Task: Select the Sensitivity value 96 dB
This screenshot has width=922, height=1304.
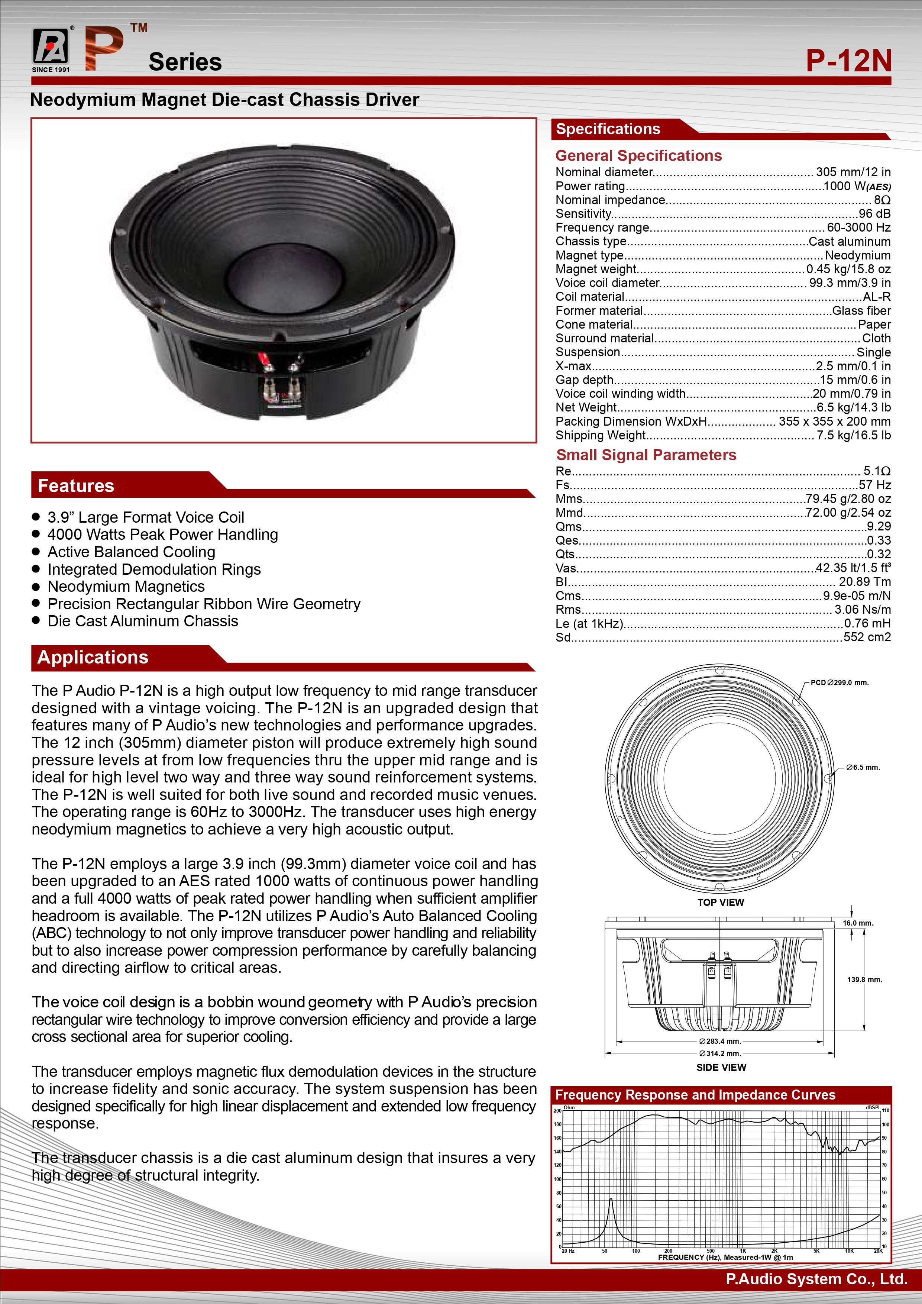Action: (874, 213)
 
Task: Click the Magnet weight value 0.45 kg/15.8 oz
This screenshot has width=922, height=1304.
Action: (848, 269)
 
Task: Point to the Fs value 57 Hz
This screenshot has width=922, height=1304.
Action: (874, 485)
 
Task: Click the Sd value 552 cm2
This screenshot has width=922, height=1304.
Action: (867, 637)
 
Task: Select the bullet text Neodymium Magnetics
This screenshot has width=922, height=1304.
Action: (126, 586)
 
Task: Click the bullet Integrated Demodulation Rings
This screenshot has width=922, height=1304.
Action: (154, 569)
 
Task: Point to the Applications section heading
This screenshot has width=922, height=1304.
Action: (93, 657)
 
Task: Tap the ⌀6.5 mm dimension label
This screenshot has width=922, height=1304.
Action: (863, 767)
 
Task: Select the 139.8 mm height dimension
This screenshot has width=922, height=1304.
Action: (864, 980)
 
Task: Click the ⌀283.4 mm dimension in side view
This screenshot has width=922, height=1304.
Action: (720, 1041)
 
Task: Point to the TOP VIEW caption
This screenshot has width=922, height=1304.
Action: (721, 903)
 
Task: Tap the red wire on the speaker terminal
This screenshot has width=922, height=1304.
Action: (264, 361)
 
